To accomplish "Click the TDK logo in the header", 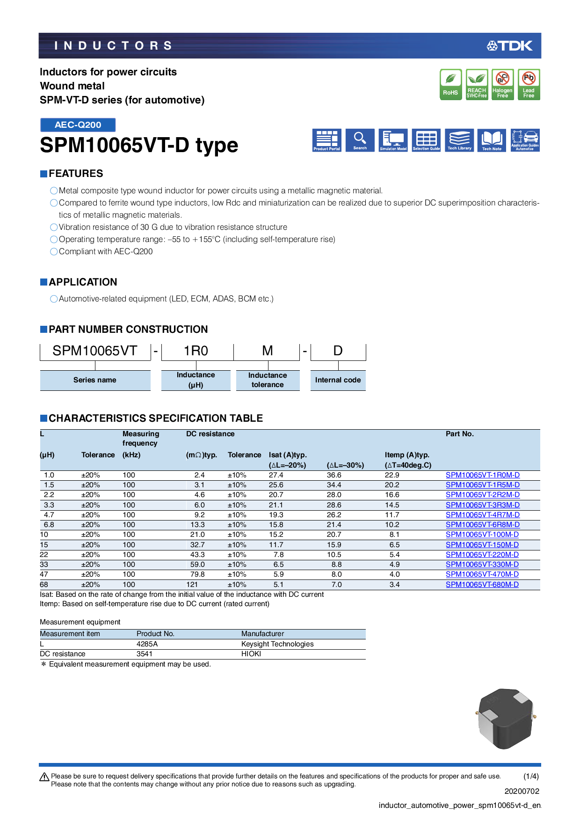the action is [x=509, y=46].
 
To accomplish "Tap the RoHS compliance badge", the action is [x=450, y=84].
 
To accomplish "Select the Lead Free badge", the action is [x=529, y=84].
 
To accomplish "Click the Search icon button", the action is [x=360, y=140].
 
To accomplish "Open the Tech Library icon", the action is [x=459, y=140].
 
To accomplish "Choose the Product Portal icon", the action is [x=327, y=140].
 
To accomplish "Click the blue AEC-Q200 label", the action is [x=78, y=125].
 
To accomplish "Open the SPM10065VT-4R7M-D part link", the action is [x=482, y=515].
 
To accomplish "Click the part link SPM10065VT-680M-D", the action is [x=482, y=585].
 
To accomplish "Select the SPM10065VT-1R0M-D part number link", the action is [x=482, y=475].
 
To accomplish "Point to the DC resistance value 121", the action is [x=192, y=585].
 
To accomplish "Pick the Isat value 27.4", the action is [x=276, y=475].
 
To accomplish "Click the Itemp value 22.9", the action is [x=392, y=475].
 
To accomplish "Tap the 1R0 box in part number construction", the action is [x=196, y=351].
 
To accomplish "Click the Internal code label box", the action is [x=338, y=380].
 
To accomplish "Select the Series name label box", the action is [x=95, y=380].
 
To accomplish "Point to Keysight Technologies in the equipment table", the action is [x=277, y=644].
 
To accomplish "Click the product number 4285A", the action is [x=147, y=644].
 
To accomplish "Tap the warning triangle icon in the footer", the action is [x=44, y=777].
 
